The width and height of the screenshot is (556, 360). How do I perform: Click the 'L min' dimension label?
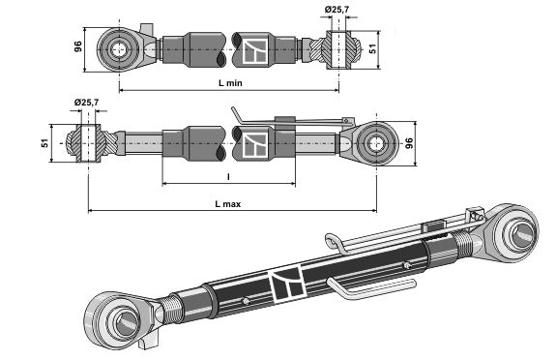tap(229, 84)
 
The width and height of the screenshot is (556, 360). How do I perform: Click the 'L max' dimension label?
tap(229, 202)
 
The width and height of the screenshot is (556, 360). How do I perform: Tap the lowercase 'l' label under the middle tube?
tap(228, 176)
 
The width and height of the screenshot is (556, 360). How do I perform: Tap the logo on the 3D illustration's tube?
tap(287, 282)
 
